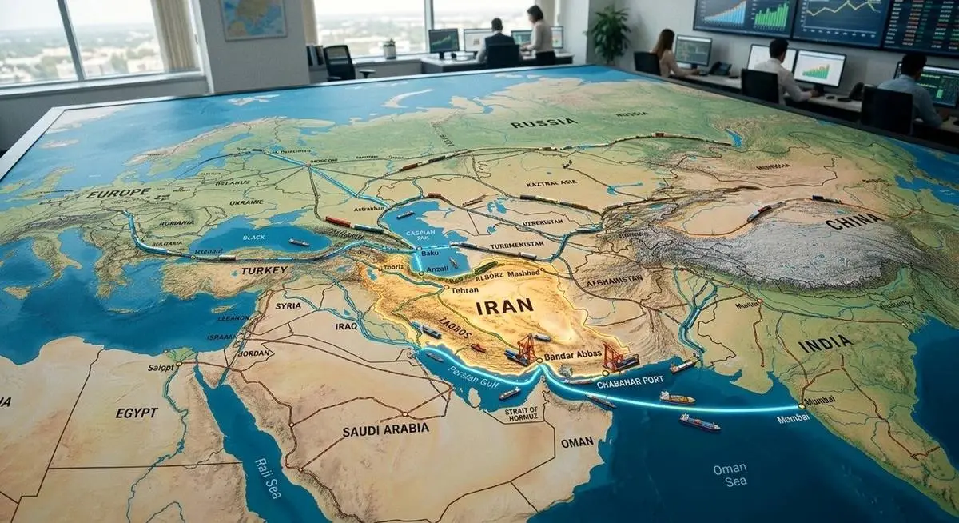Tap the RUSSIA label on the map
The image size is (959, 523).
543,122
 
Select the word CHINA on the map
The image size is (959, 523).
854,221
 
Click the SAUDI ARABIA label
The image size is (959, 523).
386,429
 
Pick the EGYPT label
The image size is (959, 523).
137,413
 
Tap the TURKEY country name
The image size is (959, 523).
264,271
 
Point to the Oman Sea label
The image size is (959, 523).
730,474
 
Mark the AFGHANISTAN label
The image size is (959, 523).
614,281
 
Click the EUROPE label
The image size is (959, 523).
118,193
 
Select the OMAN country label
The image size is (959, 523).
577,441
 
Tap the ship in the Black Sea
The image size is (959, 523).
299,242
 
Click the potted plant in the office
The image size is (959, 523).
610,34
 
